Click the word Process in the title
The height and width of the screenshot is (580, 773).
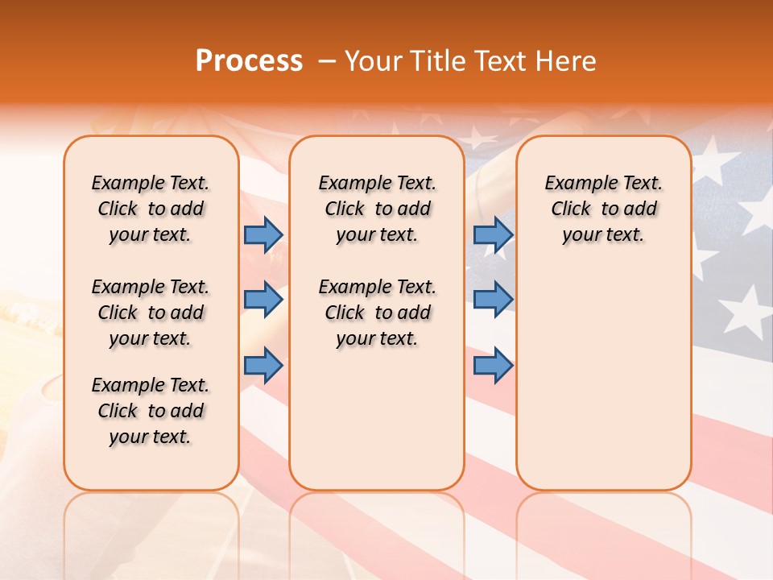tap(249, 61)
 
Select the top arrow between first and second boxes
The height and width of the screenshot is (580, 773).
tap(263, 234)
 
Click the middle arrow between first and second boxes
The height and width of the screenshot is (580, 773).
tap(263, 300)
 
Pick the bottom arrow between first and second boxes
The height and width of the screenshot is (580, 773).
tap(263, 366)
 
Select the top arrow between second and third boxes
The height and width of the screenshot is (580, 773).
tap(493, 234)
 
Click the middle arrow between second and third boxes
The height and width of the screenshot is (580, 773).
tap(493, 300)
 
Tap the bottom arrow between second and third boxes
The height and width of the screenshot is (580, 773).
tap(493, 366)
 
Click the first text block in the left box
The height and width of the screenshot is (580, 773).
tap(151, 209)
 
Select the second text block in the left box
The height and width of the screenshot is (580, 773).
tap(151, 313)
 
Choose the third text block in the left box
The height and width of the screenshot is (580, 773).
tap(151, 411)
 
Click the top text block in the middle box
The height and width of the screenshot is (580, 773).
tap(377, 209)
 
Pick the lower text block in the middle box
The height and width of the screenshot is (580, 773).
tap(377, 313)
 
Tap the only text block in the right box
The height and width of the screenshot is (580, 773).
tap(603, 209)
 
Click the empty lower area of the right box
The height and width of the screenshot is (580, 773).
tap(603, 379)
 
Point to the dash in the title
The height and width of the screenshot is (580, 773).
tap(326, 62)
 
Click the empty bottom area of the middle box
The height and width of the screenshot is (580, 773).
tap(377, 427)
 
